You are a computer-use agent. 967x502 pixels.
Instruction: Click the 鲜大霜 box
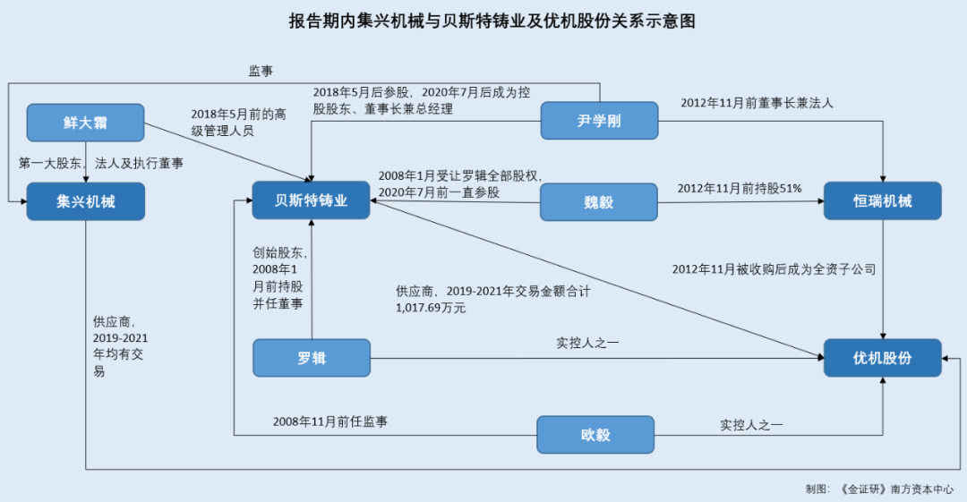click(85, 123)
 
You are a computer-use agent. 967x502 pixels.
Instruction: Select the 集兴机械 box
click(85, 201)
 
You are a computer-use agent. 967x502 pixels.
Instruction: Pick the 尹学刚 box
click(598, 122)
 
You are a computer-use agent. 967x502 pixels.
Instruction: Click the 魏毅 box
click(598, 201)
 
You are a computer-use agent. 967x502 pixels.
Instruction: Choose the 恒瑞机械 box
click(882, 201)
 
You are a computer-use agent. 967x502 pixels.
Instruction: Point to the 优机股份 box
click(882, 358)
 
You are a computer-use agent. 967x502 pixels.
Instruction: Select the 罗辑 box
click(311, 358)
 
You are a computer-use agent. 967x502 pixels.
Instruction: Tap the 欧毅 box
click(595, 435)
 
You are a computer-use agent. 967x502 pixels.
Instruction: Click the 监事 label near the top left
click(261, 70)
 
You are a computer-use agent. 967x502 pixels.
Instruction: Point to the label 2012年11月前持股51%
click(740, 188)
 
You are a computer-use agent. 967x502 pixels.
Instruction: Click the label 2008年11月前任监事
click(330, 421)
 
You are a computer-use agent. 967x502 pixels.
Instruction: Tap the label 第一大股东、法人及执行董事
click(101, 163)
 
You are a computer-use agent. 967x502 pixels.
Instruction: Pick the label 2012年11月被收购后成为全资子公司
click(774, 268)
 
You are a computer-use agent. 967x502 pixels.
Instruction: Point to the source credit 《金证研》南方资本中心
click(895, 489)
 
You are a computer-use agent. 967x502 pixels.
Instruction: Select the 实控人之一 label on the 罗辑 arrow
click(587, 342)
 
